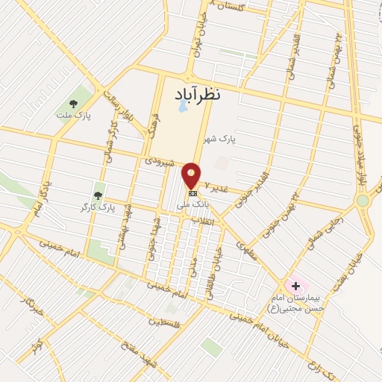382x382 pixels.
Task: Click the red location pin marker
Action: tap(192, 175)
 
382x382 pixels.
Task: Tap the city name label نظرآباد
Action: tap(199, 93)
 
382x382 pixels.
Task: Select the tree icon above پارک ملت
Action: tap(73, 104)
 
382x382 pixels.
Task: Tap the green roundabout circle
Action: tap(363, 200)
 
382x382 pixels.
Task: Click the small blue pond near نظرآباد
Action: tap(183, 107)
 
